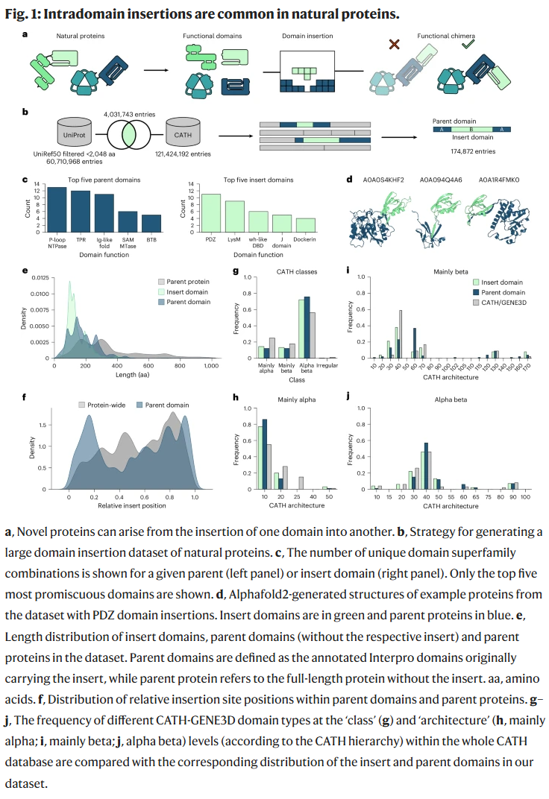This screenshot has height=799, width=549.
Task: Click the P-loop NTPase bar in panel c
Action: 57,210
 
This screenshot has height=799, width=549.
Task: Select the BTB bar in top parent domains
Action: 151,224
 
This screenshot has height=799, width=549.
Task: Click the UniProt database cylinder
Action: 72,133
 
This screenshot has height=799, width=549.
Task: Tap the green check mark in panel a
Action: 467,45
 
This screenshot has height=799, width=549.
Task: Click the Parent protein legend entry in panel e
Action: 187,282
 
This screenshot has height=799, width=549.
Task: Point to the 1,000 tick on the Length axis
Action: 210,367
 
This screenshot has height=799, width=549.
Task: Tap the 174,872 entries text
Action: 474,151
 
